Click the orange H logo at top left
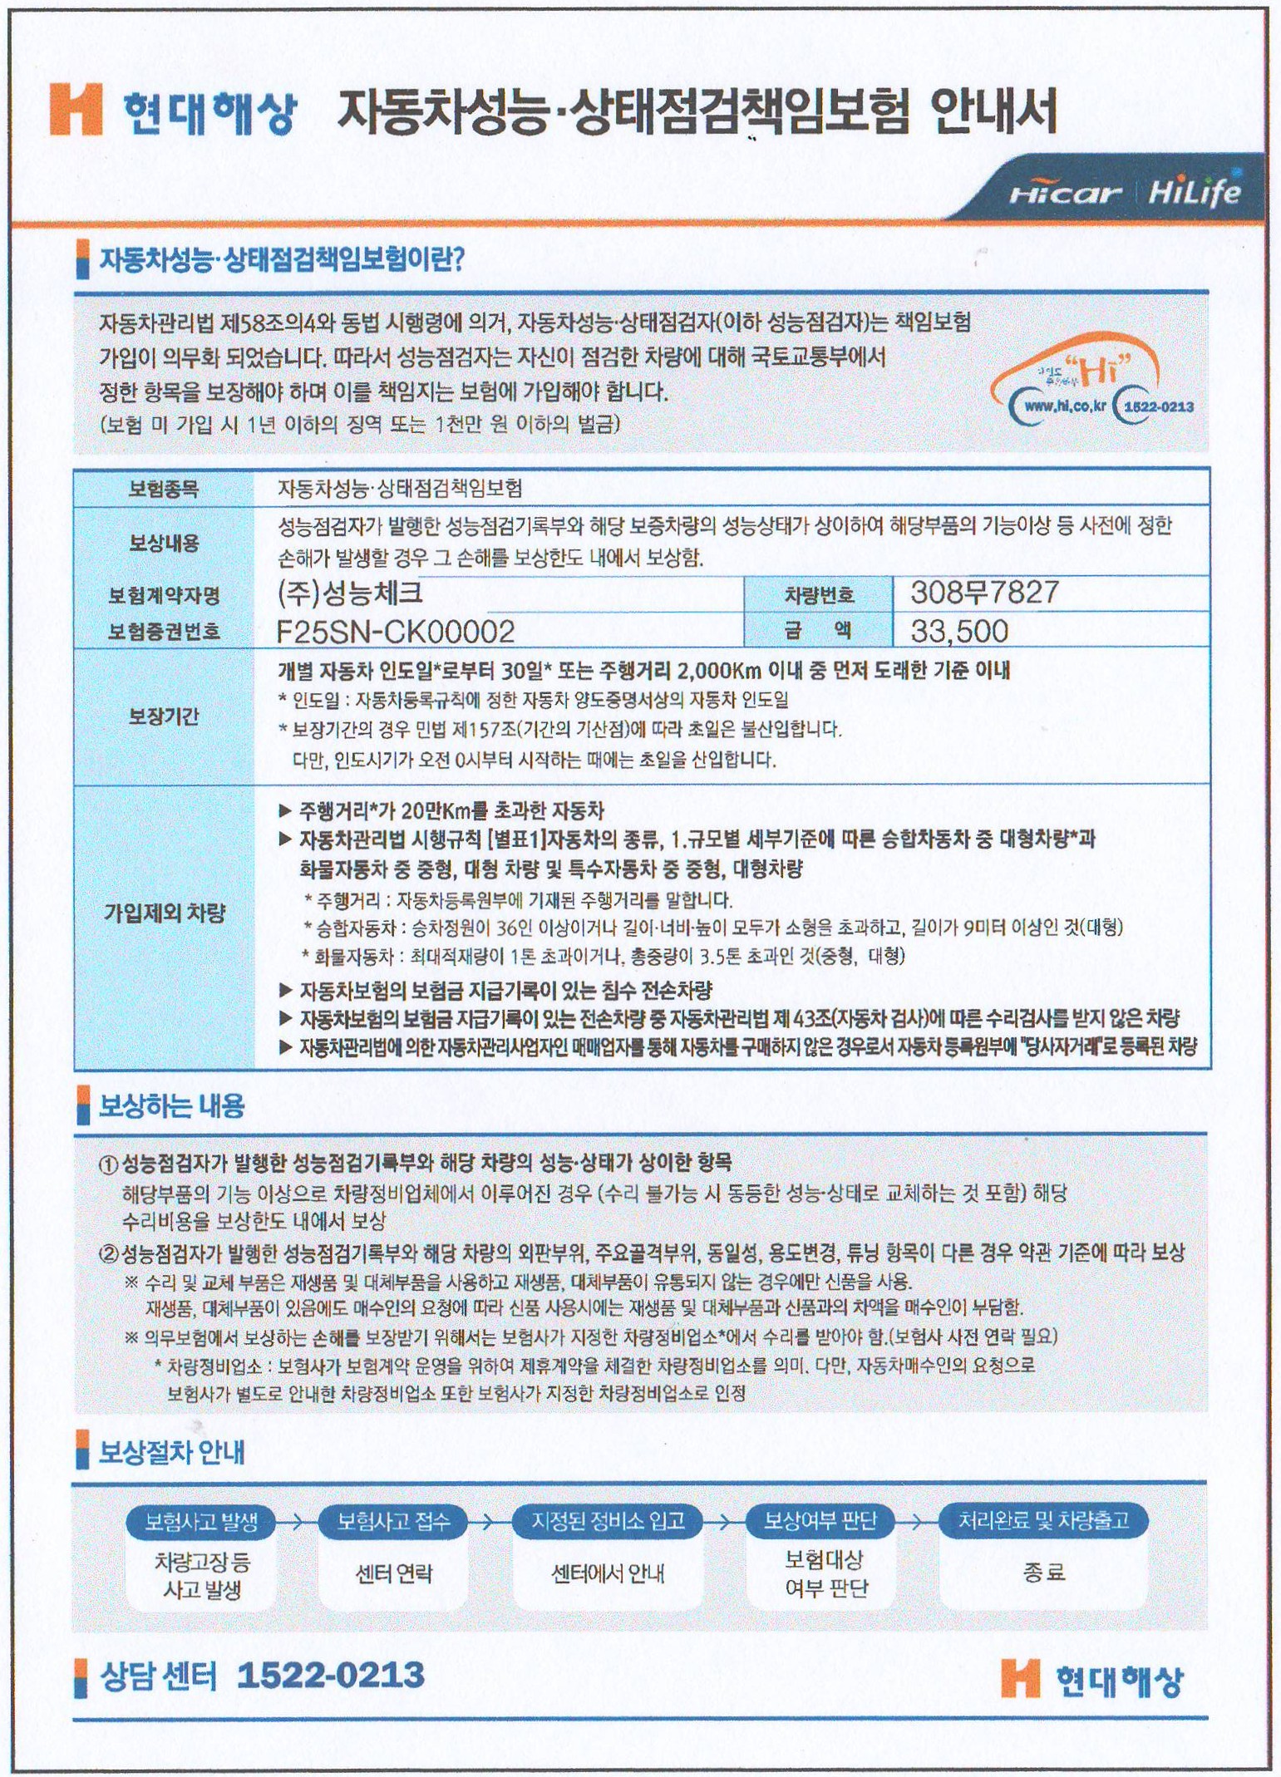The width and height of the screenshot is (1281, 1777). point(76,110)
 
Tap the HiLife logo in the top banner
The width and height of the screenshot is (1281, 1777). point(1194,193)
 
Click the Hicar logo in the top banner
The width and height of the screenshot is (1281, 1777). point(1065,194)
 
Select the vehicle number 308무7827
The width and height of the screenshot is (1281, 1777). point(984,593)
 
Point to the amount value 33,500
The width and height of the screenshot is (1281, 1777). point(959,631)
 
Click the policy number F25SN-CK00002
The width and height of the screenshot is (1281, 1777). point(396,632)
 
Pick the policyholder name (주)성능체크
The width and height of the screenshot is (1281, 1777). point(350,593)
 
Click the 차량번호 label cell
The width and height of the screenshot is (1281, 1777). point(819,594)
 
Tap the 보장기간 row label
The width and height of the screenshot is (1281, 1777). point(164,716)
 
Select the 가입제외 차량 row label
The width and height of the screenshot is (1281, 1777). point(164,913)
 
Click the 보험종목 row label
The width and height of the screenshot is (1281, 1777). point(164,489)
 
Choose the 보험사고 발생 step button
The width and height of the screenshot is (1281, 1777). point(202,1522)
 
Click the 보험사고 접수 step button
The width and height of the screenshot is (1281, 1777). point(393,1522)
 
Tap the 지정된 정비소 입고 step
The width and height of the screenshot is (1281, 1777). point(608,1522)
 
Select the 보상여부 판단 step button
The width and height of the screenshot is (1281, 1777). point(820,1522)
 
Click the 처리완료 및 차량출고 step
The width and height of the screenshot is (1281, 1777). point(1043,1521)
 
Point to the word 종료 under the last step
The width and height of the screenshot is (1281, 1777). point(1043,1573)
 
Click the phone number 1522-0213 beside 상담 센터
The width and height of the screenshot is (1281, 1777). point(330,1675)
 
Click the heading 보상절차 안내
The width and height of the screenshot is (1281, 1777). point(171,1453)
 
